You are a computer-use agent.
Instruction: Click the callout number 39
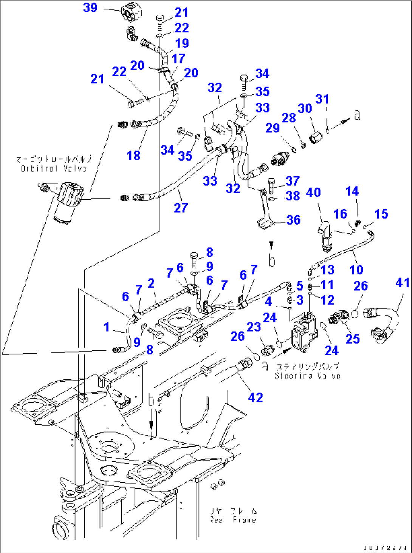coord(90,8)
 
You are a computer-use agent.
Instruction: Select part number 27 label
coord(181,208)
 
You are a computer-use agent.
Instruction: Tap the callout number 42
coord(255,397)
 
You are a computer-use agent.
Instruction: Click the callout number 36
coord(293,220)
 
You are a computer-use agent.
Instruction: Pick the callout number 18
coord(133,155)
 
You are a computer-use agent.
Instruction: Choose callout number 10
coord(356,270)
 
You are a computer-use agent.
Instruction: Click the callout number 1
coord(107,327)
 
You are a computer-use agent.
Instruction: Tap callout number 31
coord(322,99)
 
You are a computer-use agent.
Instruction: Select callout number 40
coord(313,193)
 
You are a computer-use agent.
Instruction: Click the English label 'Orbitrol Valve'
coord(53,169)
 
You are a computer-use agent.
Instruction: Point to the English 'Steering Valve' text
coord(307,376)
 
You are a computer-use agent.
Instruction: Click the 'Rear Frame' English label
coord(233,520)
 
